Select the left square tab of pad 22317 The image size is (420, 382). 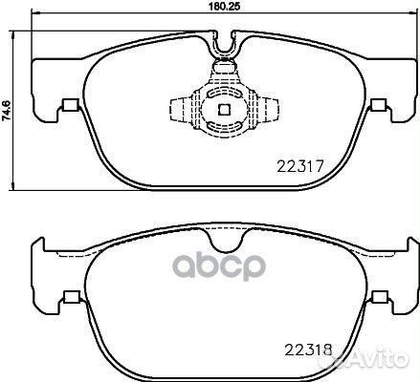pyautogui.click(x=68, y=107)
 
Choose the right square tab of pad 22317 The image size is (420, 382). pyautogui.click(x=380, y=107)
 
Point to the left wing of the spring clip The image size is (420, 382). pyautogui.click(x=179, y=108)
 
